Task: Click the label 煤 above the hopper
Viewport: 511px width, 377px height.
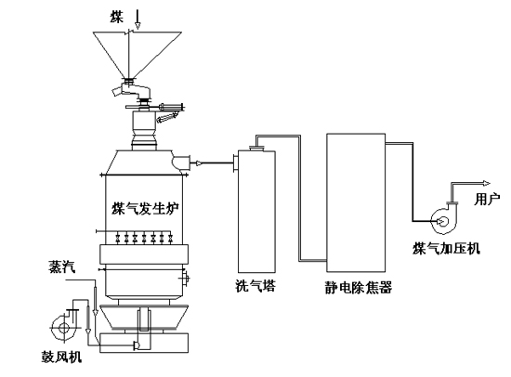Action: [x=117, y=18]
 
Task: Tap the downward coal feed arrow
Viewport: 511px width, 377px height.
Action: [x=138, y=19]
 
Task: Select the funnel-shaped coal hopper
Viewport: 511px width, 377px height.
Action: [x=137, y=55]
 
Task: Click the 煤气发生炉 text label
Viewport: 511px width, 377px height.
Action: [x=145, y=209]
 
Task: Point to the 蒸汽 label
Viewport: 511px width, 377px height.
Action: [x=61, y=266]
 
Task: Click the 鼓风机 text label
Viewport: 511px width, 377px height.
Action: [x=61, y=357]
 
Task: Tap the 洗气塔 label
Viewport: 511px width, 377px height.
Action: [x=255, y=286]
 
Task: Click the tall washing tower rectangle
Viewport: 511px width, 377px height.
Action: [x=256, y=212]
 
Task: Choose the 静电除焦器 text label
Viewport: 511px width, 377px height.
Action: [x=358, y=288]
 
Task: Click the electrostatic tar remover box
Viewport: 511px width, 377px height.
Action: [x=356, y=202]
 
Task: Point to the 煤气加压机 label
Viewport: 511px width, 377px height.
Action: [x=446, y=249]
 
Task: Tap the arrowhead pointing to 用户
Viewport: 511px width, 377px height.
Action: [x=487, y=184]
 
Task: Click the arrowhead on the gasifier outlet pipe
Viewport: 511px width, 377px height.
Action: [x=199, y=162]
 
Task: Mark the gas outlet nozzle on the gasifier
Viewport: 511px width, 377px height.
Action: [x=180, y=162]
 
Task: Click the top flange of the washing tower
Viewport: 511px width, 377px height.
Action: [x=256, y=149]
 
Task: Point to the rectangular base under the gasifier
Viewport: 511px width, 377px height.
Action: [x=144, y=344]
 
